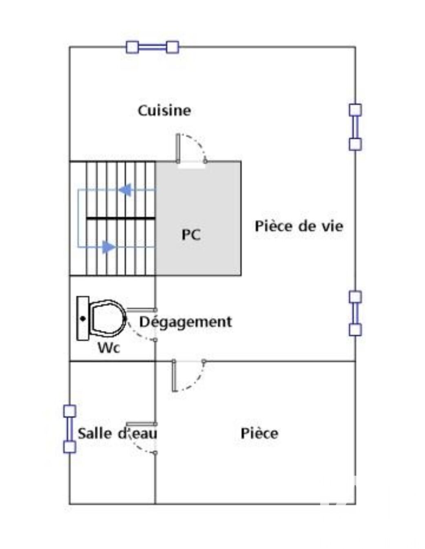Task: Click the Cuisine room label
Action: [x=164, y=111]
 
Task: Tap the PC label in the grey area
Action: [x=191, y=235]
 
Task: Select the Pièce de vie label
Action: [x=299, y=226]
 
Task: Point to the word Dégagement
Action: [x=186, y=323]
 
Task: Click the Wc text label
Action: [x=109, y=348]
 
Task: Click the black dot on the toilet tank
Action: [x=82, y=319]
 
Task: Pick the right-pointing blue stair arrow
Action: [x=108, y=246]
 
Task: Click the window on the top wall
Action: [x=152, y=47]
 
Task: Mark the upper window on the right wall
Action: [x=355, y=127]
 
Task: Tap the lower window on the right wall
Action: [x=355, y=313]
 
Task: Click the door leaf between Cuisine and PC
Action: [x=178, y=148]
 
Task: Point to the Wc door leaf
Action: [x=141, y=310]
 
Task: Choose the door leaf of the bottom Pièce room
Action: [x=174, y=376]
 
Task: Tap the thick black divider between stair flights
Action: [x=121, y=218]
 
